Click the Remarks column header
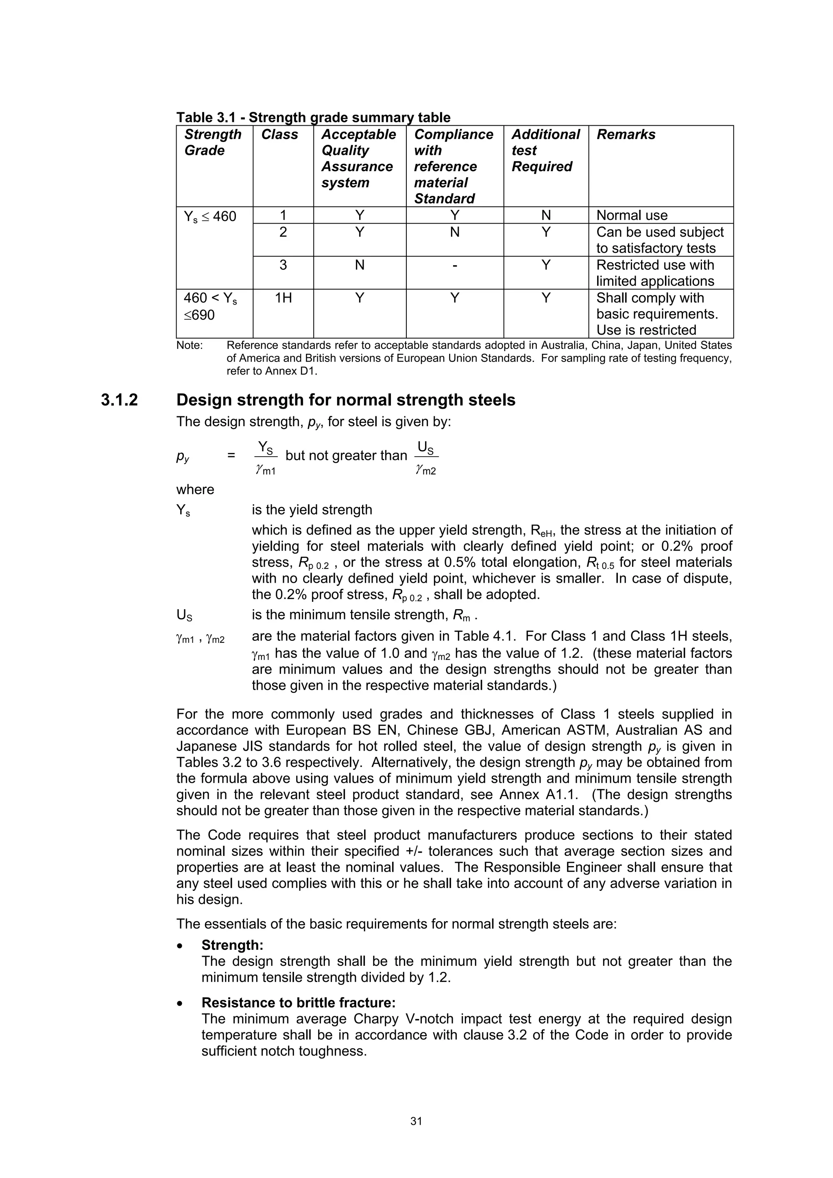tap(626, 135)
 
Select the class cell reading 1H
tap(283, 298)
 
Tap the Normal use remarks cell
tap(632, 216)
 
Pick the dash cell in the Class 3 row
tap(454, 265)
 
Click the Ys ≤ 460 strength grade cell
tap(210, 216)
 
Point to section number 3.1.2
tap(119, 400)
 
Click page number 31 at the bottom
tap(416, 1121)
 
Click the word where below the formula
tap(195, 490)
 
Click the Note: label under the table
tap(190, 345)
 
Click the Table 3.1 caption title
tap(313, 118)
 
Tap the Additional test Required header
tap(545, 150)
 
